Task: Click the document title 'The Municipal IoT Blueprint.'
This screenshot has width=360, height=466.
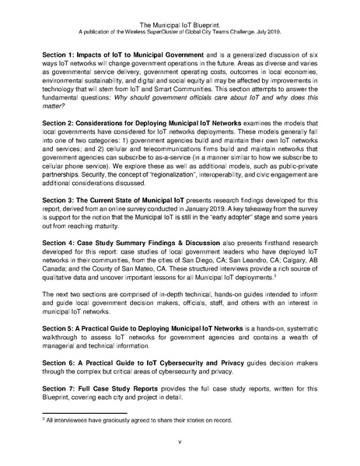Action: click(x=180, y=14)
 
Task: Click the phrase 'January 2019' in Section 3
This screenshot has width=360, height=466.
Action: click(x=213, y=209)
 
